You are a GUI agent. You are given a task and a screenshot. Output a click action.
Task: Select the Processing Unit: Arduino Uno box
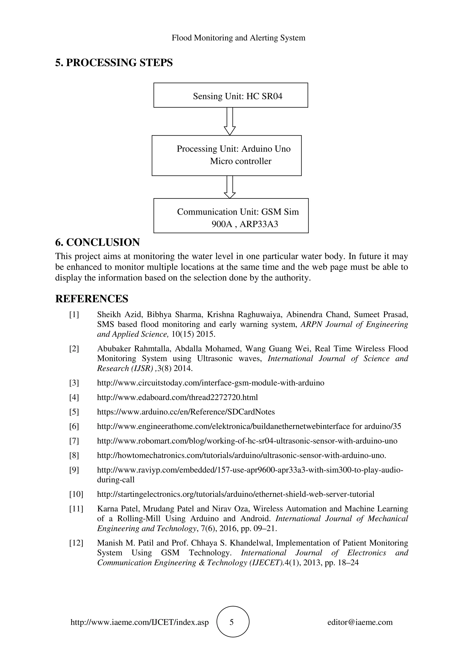[x=227, y=155]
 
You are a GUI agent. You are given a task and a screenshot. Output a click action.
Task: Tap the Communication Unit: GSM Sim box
[x=231, y=216]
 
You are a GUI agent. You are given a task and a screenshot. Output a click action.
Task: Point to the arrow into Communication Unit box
[x=230, y=187]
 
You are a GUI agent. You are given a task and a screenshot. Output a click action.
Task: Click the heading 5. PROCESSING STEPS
[x=114, y=62]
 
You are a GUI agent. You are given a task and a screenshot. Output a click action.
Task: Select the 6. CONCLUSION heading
[x=97, y=242]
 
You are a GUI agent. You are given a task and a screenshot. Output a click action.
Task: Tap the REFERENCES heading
[x=92, y=299]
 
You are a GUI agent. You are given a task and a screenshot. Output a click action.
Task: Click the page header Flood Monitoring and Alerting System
[x=238, y=38]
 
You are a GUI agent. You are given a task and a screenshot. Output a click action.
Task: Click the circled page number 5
[x=231, y=622]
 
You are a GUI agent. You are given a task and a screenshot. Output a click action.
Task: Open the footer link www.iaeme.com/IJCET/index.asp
[x=139, y=622]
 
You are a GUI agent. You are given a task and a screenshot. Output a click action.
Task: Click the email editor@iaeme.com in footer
[x=360, y=622]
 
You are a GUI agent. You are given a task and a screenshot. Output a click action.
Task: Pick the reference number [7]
[x=74, y=441]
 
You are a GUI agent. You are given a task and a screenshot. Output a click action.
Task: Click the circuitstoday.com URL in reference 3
[x=210, y=383]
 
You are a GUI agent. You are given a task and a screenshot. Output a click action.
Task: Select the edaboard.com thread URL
[x=177, y=397]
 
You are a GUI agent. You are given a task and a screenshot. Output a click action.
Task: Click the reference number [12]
[x=76, y=543]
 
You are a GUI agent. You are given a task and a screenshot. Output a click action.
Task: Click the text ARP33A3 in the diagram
[x=259, y=224]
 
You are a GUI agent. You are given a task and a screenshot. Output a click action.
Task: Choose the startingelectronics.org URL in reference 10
[x=236, y=494]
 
